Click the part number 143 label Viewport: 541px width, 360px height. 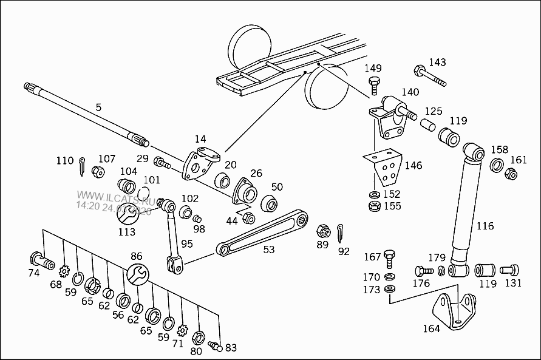(437, 62)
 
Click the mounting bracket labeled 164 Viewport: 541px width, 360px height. (455, 310)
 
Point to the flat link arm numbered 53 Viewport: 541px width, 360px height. (262, 233)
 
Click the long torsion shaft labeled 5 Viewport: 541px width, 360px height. (86, 114)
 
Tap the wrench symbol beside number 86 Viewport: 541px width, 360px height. (137, 274)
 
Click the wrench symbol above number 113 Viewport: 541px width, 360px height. (128, 213)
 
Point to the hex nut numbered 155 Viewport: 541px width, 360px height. (375, 206)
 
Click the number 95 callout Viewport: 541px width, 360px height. (186, 243)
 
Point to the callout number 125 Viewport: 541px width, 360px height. (434, 111)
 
